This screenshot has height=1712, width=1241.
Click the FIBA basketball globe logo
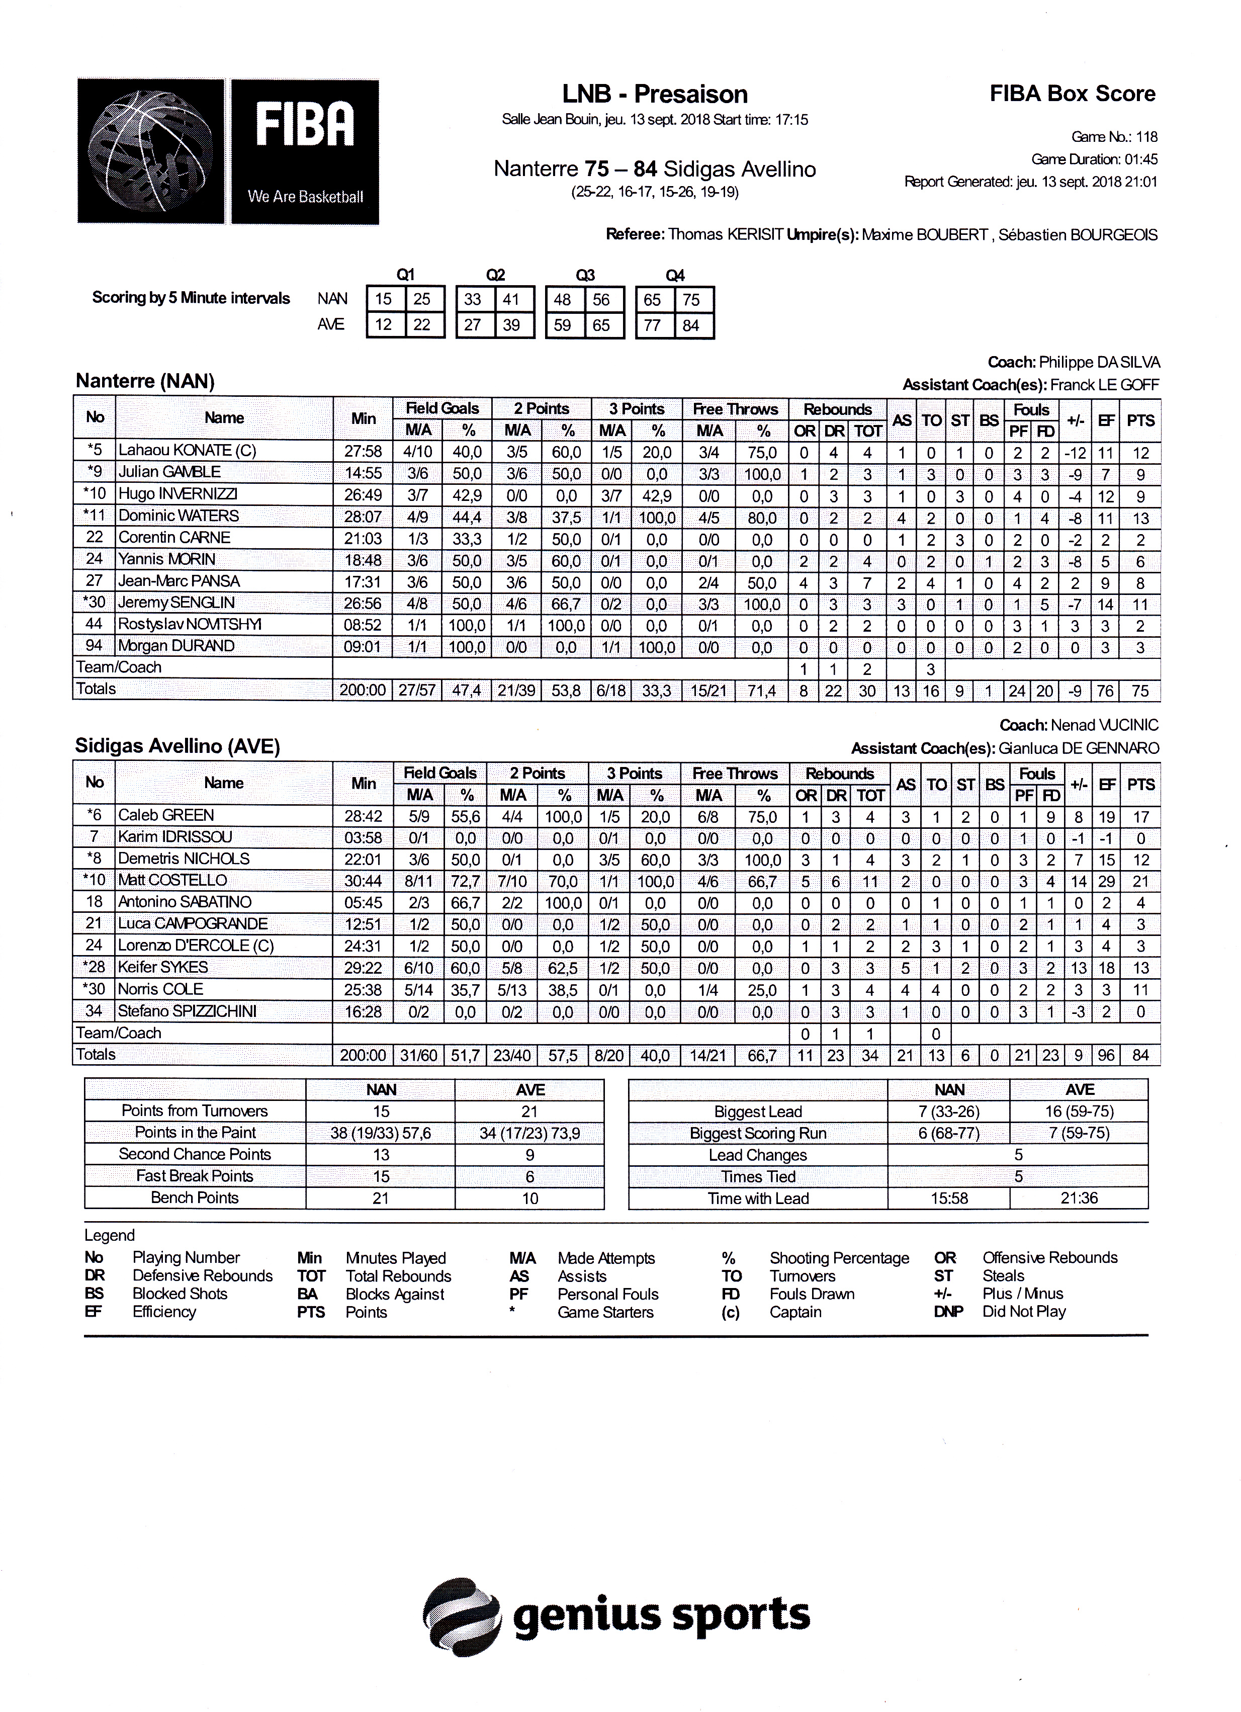[x=151, y=151]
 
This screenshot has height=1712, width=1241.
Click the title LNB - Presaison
[x=655, y=95]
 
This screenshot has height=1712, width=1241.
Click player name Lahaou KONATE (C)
[x=187, y=451]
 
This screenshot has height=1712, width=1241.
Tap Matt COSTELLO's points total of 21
[x=1140, y=881]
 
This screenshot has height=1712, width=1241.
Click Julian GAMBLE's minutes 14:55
[x=363, y=473]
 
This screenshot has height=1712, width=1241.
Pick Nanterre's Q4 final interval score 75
[x=691, y=300]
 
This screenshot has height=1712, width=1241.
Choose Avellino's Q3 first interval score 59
[x=562, y=325]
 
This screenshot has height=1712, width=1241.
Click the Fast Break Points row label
[x=195, y=1176]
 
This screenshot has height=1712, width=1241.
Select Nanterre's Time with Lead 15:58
[x=948, y=1199]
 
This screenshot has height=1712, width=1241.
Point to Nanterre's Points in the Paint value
[x=381, y=1133]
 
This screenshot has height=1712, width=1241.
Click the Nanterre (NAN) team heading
[x=145, y=381]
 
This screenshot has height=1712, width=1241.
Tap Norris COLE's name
[x=160, y=990]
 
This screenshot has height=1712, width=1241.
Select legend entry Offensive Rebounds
[x=1049, y=1257]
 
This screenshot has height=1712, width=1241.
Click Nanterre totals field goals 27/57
[x=417, y=691]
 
